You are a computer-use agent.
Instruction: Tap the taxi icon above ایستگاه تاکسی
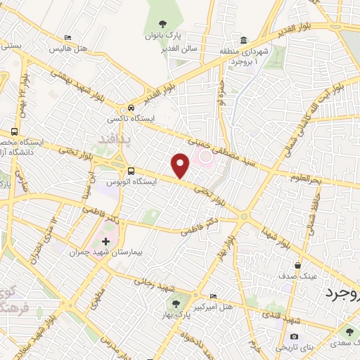click(131, 108)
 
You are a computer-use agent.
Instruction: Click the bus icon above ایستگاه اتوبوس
click(131, 171)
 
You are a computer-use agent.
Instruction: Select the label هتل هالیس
click(67, 49)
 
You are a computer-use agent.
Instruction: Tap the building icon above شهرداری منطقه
click(243, 39)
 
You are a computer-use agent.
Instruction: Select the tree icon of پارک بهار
click(174, 304)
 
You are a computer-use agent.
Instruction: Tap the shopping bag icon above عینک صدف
click(299, 266)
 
